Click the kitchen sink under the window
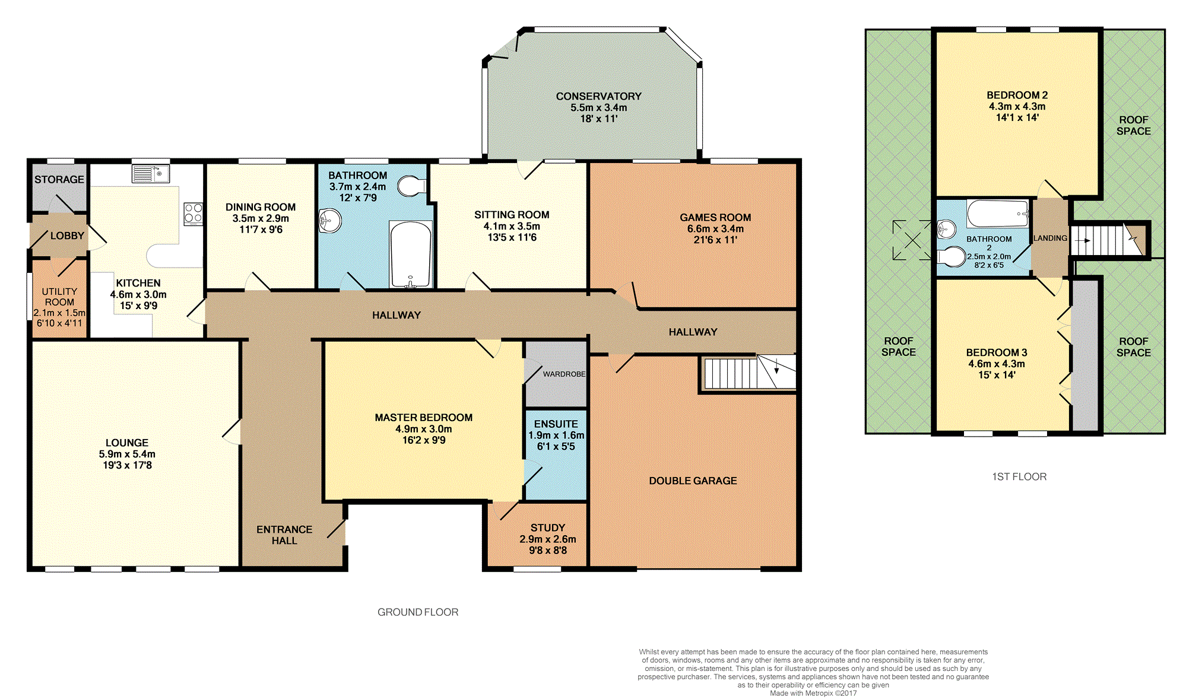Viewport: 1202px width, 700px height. [x=151, y=174]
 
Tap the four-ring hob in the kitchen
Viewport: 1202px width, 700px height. [x=193, y=214]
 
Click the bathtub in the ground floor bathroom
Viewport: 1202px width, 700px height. [x=410, y=254]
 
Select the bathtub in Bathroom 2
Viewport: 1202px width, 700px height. [x=998, y=214]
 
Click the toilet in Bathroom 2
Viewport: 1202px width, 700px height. [x=952, y=257]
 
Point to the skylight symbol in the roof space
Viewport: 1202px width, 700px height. [x=912, y=240]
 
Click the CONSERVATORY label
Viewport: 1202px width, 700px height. [x=598, y=96]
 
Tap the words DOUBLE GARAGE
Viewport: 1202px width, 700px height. [x=693, y=481]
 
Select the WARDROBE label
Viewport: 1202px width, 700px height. [x=564, y=374]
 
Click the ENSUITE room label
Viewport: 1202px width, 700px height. [x=556, y=424]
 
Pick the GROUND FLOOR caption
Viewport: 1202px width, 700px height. [x=418, y=612]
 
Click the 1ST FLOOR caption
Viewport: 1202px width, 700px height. [x=1019, y=476]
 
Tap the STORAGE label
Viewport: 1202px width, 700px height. [x=59, y=179]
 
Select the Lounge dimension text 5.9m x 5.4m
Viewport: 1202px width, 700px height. [x=127, y=454]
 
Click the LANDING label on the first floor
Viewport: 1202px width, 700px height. [x=1050, y=238]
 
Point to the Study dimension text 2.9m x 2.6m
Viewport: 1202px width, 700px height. [x=548, y=539]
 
